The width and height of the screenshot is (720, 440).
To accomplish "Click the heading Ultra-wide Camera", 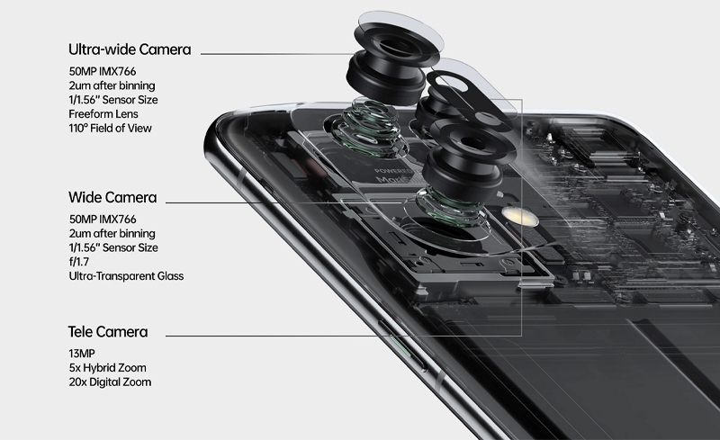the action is coord(130,49).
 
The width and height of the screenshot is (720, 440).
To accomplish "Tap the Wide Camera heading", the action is coord(112,197).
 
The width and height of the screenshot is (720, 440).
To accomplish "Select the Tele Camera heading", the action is coord(108,332).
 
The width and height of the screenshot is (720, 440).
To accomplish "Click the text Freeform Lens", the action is coord(103,114).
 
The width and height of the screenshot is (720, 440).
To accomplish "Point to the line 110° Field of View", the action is coord(110,128).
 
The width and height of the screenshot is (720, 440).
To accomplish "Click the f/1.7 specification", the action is coord(79,262).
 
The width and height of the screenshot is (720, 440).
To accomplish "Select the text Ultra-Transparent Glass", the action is coord(126,276).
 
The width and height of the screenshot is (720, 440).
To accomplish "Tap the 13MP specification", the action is coord(82,354).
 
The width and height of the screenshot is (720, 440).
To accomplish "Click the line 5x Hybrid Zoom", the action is coord(107,368).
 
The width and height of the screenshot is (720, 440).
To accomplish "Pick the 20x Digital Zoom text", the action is coord(110,382).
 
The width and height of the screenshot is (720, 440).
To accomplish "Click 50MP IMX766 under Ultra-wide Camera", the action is coord(103,71).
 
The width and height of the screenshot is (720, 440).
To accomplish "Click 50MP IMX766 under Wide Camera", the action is coord(103,219).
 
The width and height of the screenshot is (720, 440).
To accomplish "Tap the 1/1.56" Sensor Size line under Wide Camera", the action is coord(113,247).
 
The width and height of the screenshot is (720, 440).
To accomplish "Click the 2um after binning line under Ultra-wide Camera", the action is coord(112,85).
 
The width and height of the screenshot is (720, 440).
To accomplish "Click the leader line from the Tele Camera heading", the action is coord(275,336).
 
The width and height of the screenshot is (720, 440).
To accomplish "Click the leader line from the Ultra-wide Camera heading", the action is coord(275,54).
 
